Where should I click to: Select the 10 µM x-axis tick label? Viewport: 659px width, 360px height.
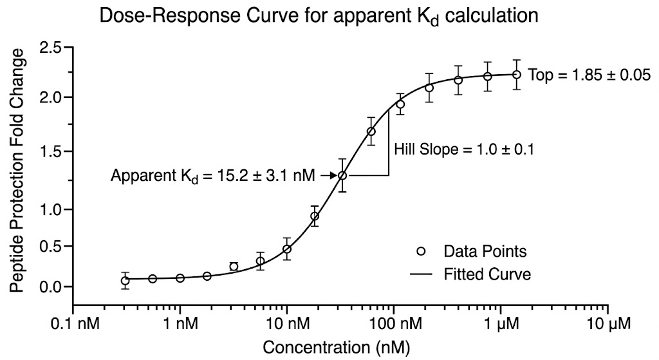[608, 321]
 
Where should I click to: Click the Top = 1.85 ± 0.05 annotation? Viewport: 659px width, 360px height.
[584, 75]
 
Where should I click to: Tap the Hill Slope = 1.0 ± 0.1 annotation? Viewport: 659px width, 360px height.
[464, 149]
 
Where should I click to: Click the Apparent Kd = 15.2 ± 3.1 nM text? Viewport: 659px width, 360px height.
[212, 175]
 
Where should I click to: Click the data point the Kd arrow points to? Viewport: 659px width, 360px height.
[343, 175]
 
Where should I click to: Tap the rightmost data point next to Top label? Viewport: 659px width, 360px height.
[516, 75]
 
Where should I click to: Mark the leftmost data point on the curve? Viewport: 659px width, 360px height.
[125, 280]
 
